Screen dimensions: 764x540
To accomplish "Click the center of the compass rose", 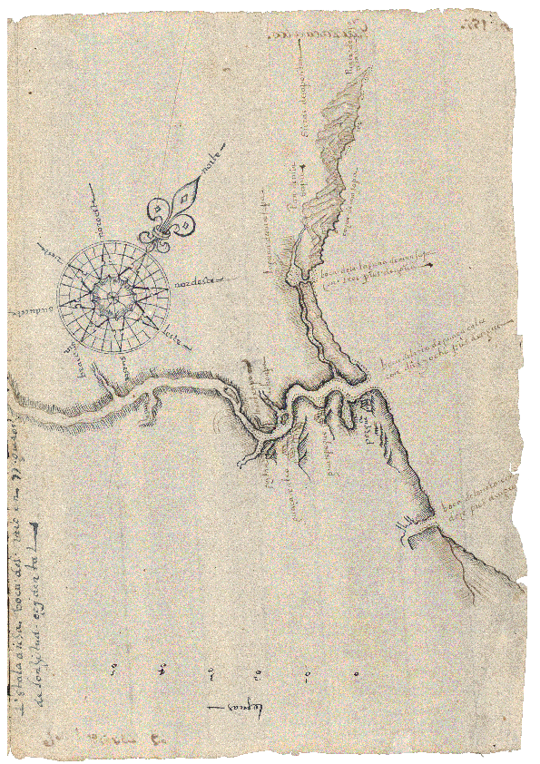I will click(111, 292).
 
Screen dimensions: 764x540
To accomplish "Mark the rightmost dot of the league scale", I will click(356, 673).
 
